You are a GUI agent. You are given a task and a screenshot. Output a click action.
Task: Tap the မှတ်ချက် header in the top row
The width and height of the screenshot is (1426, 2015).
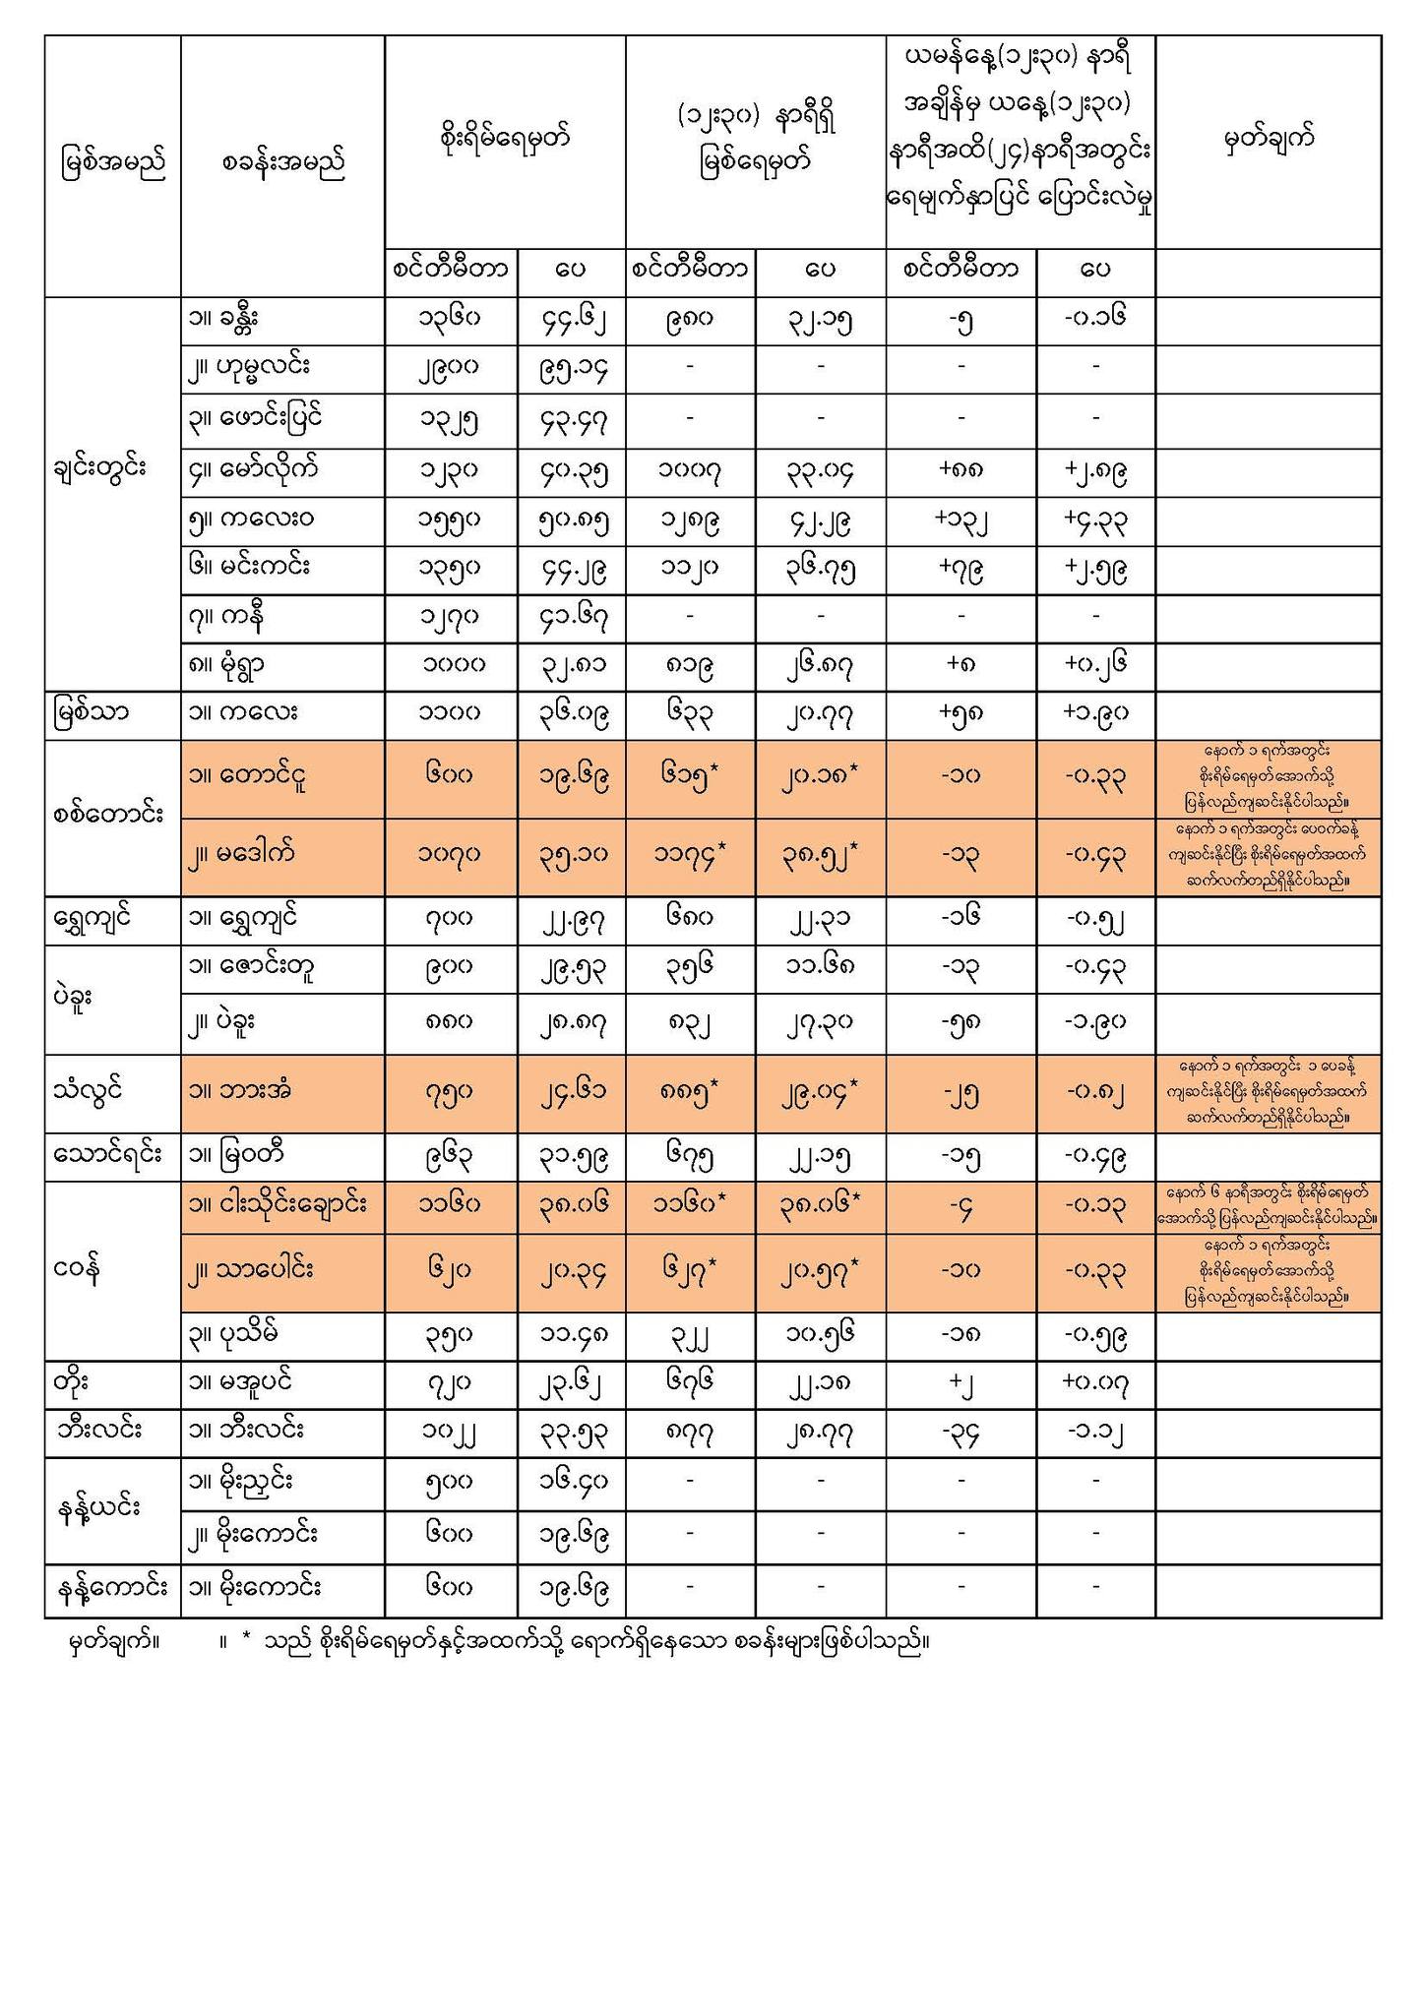tap(1268, 140)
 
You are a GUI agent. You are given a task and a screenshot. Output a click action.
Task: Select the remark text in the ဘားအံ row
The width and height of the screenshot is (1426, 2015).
tap(1268, 1091)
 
